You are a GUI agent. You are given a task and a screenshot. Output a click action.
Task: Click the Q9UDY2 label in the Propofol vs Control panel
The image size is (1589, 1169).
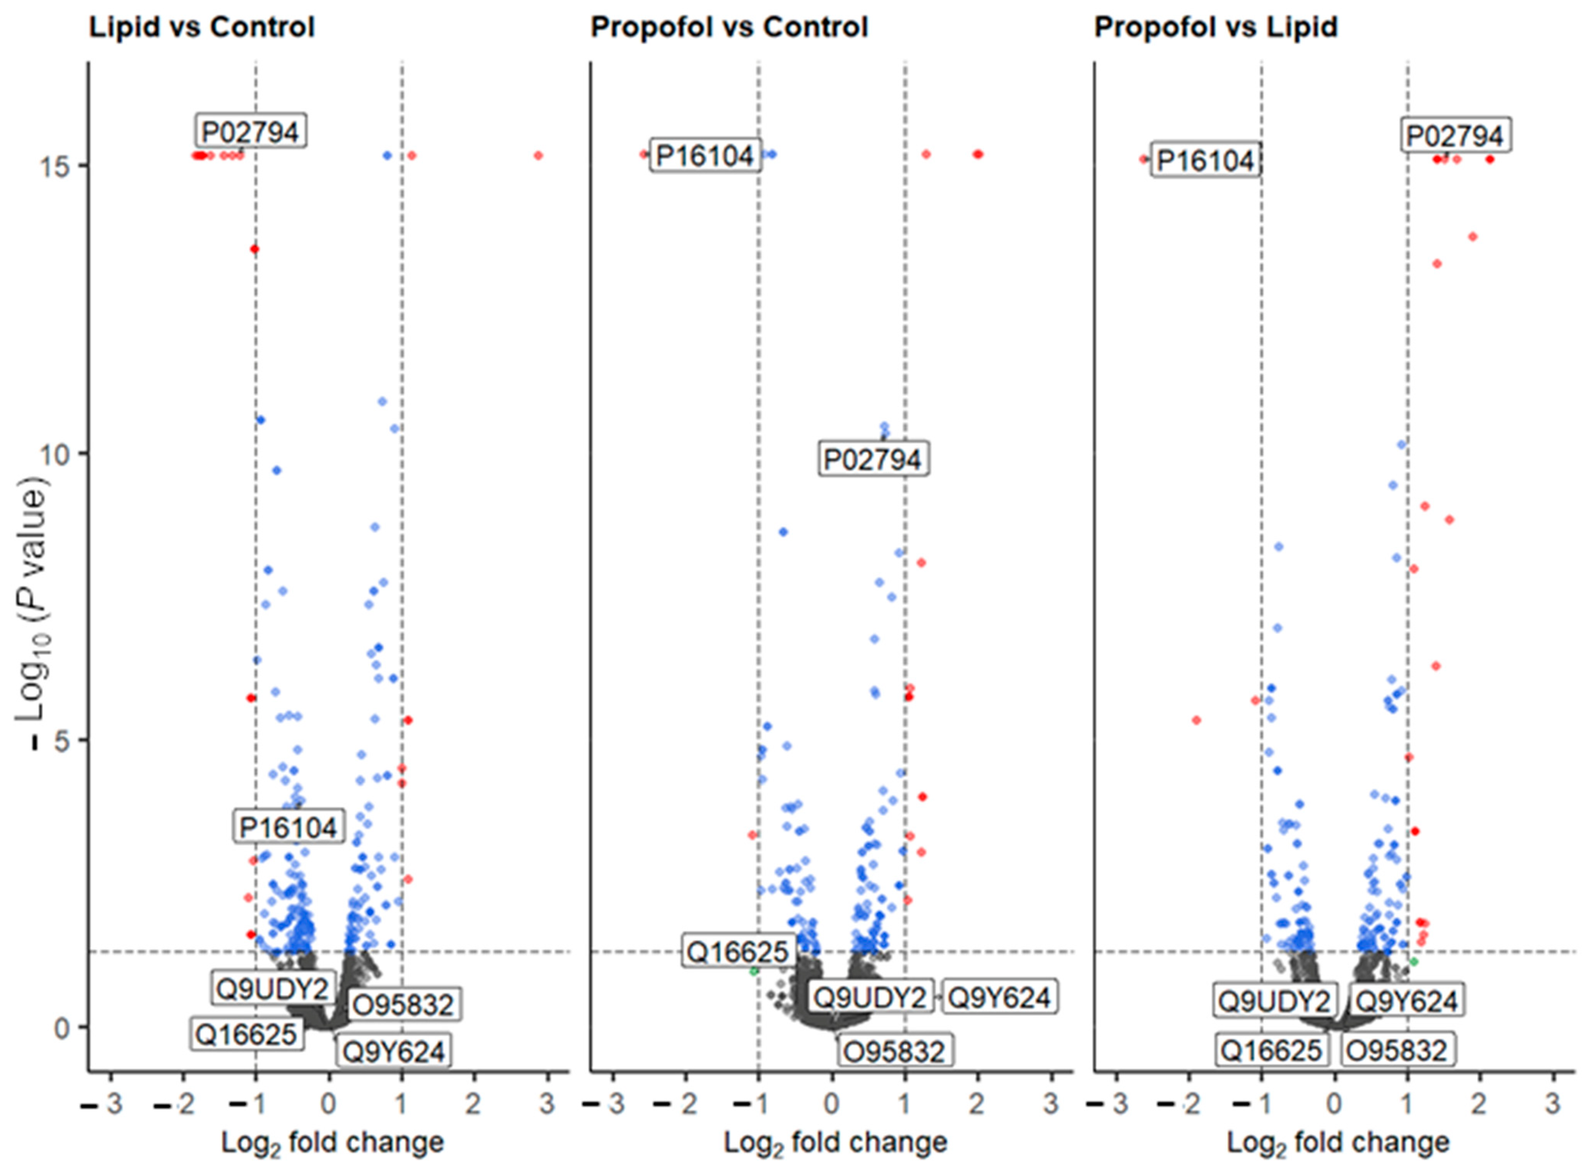click(870, 997)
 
